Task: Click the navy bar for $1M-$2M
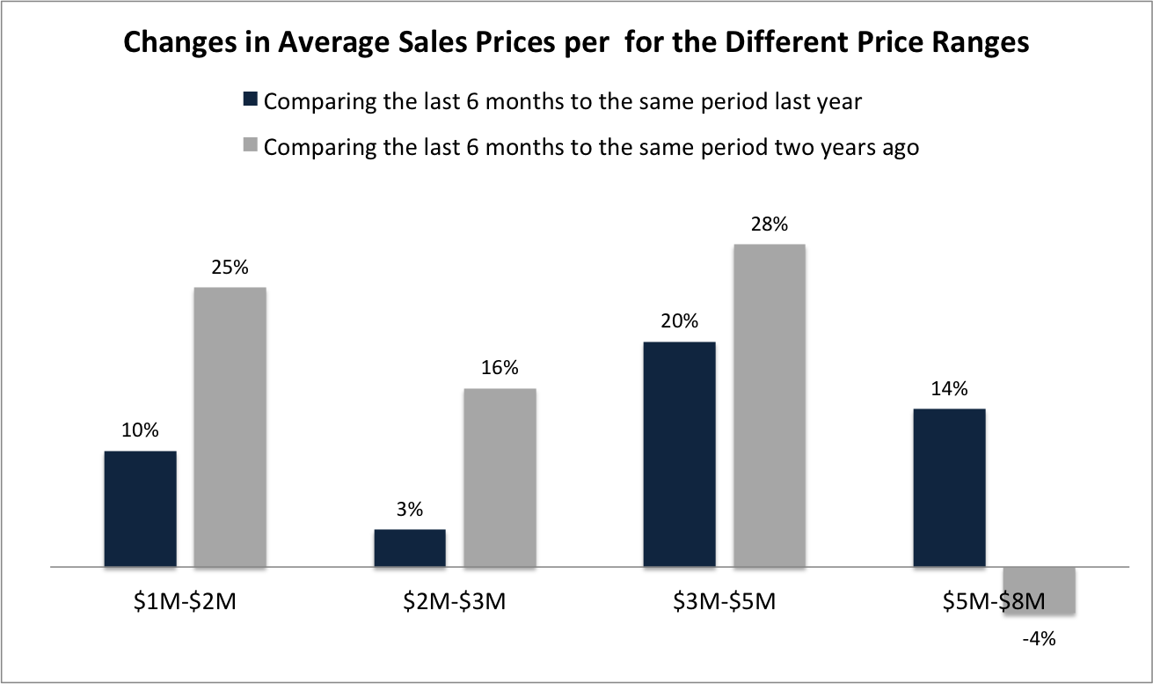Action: pos(140,509)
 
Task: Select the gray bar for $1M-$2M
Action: pos(230,427)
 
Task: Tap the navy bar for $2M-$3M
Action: pos(410,548)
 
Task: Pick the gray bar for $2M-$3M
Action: pos(500,477)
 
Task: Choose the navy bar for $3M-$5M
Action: pos(679,454)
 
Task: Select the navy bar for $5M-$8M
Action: pos(949,488)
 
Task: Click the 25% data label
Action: pos(229,266)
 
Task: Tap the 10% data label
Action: pos(140,430)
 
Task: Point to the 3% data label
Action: pos(410,509)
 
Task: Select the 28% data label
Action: pos(769,224)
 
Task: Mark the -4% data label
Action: pos(1039,638)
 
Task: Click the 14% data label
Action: pos(950,388)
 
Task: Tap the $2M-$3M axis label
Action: pos(455,603)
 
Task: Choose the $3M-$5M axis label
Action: pos(724,603)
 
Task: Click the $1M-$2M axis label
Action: pos(185,603)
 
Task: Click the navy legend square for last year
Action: pos(250,99)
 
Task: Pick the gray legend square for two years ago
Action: pos(250,145)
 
